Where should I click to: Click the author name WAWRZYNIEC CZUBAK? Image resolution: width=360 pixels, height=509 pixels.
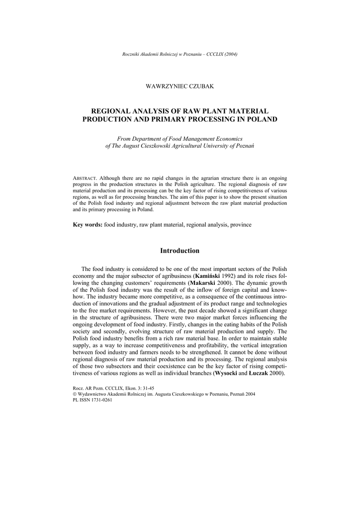point(180,86)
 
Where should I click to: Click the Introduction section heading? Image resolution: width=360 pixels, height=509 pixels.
point(180,251)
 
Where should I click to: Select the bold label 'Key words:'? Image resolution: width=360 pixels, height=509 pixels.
point(88,225)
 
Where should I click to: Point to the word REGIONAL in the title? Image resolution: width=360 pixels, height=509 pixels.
point(112,111)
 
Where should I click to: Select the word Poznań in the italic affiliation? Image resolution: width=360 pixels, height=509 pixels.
point(243,147)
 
